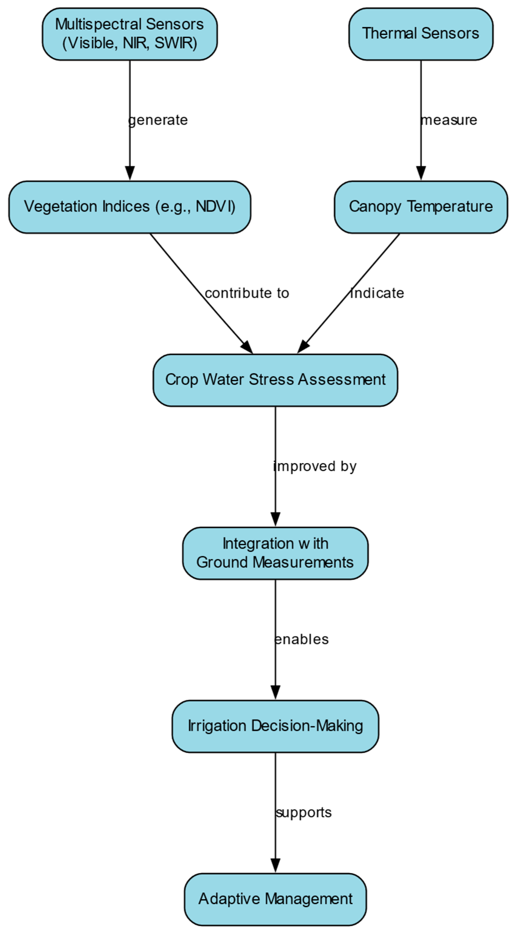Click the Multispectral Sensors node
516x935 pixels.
130,34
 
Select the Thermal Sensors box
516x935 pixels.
421,34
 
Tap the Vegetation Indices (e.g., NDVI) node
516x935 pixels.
130,207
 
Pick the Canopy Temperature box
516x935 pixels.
421,207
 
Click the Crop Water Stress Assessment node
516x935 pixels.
275,380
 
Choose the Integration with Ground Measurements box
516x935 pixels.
275,553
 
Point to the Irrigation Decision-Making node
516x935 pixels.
275,726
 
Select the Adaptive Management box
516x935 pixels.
275,899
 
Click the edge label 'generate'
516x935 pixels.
158,120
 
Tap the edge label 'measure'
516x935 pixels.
449,120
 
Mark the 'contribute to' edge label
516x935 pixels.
247,293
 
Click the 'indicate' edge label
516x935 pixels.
377,293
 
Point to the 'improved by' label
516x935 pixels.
315,466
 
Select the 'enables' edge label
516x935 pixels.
302,639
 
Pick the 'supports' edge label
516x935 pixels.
303,813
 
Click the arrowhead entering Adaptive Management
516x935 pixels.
275,866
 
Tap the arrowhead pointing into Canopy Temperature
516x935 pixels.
421,174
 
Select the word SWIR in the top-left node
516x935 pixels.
175,43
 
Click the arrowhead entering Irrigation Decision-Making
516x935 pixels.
275,693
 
